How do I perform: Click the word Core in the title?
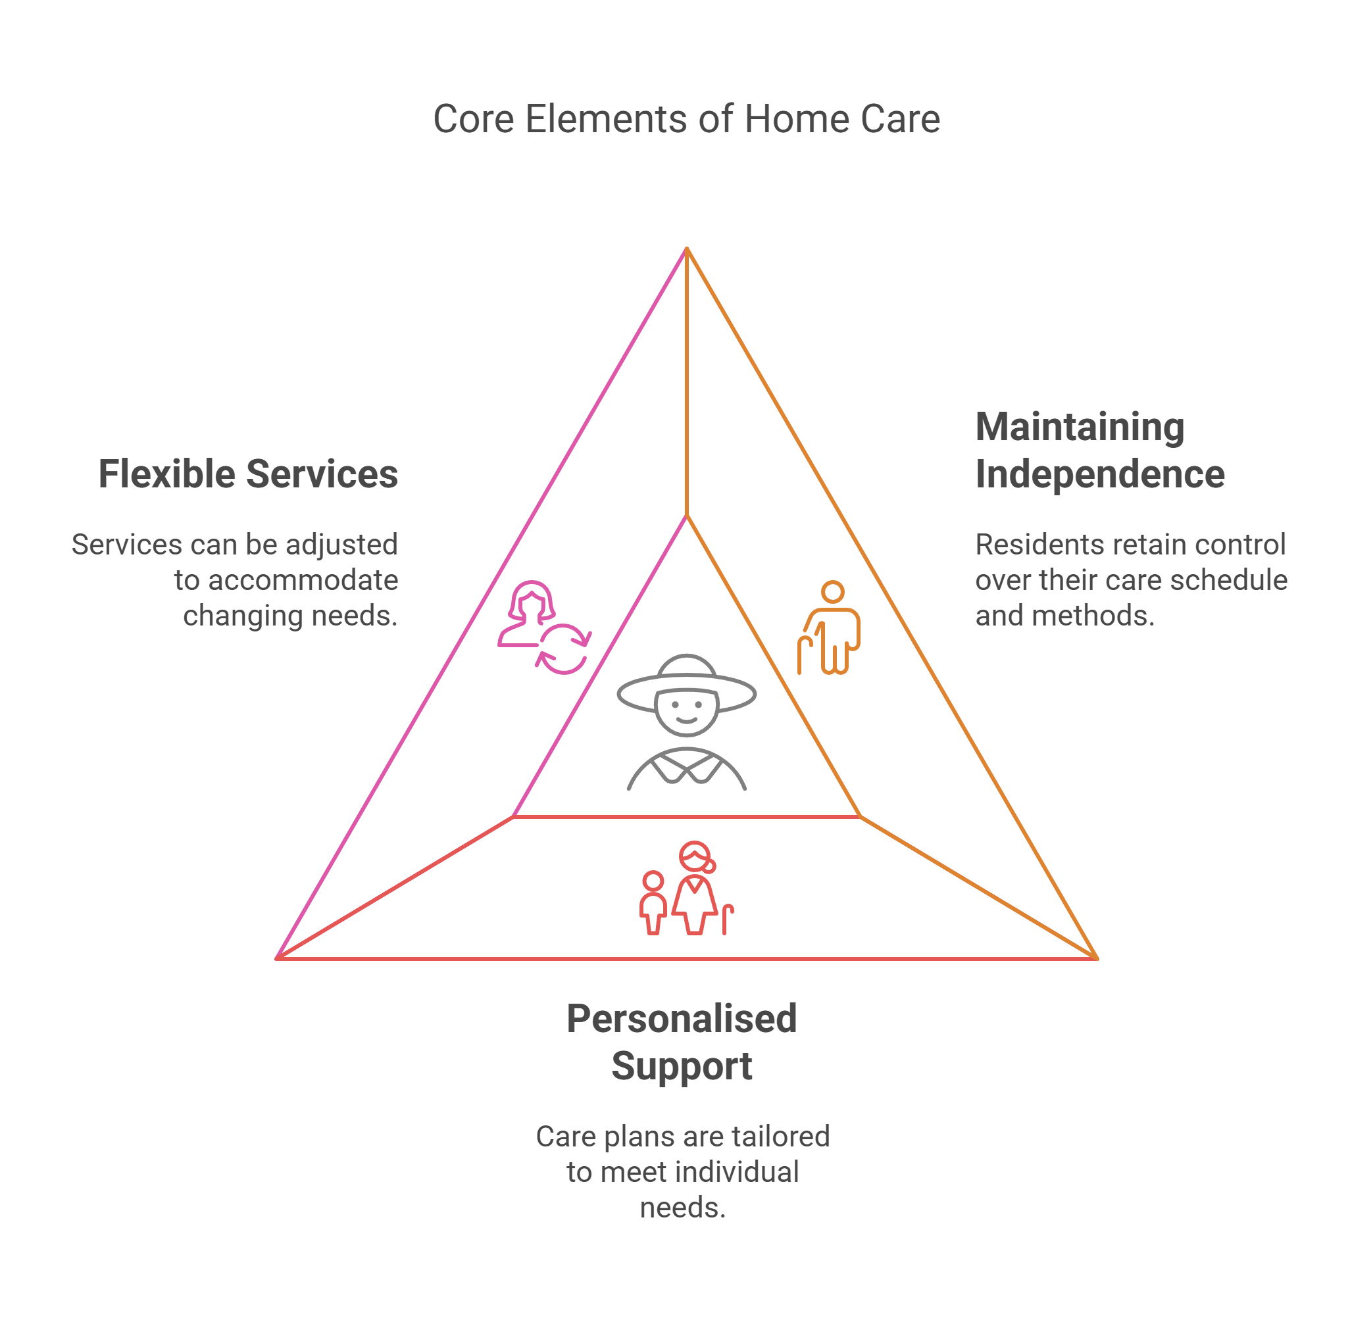473,119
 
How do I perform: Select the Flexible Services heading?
248,474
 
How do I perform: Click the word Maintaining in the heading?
1079,427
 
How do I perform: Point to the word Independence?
1099,474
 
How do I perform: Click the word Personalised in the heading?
682,1019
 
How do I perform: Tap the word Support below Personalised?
682,1066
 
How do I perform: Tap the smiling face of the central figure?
687,712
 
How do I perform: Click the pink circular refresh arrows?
564,649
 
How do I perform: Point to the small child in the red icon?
653,902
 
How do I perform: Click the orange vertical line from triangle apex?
687,383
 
